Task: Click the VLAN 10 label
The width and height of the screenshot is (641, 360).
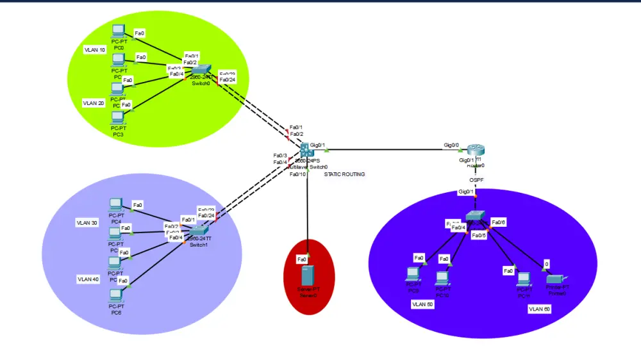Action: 95,49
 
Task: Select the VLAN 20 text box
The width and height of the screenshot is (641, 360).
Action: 94,102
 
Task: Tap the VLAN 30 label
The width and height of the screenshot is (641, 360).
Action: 87,223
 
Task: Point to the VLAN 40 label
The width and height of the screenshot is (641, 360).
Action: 88,279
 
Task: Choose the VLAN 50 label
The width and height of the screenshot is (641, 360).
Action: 422,304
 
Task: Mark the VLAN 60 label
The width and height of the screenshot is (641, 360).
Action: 538,309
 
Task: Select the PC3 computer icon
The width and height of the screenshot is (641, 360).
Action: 117,117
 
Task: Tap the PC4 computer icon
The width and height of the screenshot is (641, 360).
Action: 116,204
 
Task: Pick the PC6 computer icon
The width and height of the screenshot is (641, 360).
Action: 116,295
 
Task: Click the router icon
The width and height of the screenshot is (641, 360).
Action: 476,151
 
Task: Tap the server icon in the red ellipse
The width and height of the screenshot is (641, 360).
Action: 308,276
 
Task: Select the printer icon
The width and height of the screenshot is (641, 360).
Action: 554,279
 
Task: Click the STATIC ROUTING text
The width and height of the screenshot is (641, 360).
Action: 344,174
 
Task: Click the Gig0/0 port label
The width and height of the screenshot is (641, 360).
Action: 451,145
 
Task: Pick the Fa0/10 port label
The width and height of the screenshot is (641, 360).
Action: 297,174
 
